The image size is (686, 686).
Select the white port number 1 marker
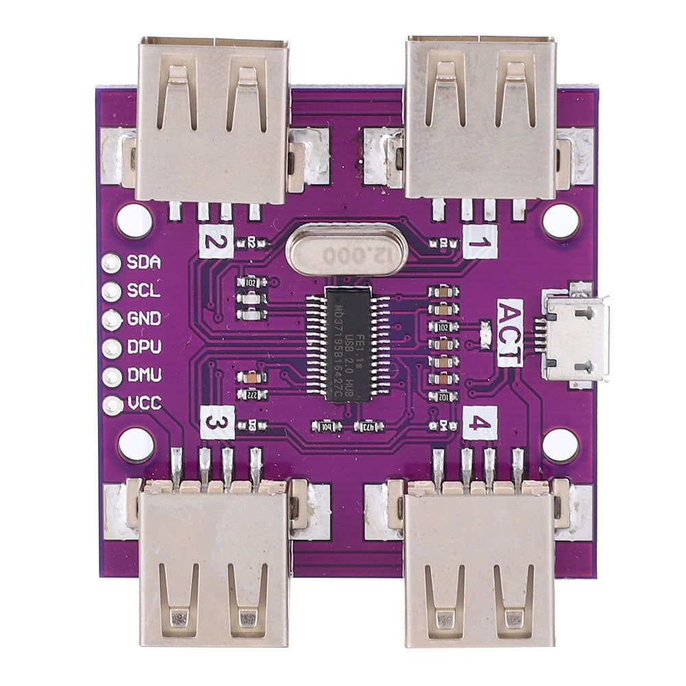(480, 242)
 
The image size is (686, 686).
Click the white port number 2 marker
(217, 241)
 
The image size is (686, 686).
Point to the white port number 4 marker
(480, 422)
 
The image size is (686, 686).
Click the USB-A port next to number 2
(212, 120)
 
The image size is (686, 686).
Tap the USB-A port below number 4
(480, 569)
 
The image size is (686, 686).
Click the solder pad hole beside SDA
(111, 262)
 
